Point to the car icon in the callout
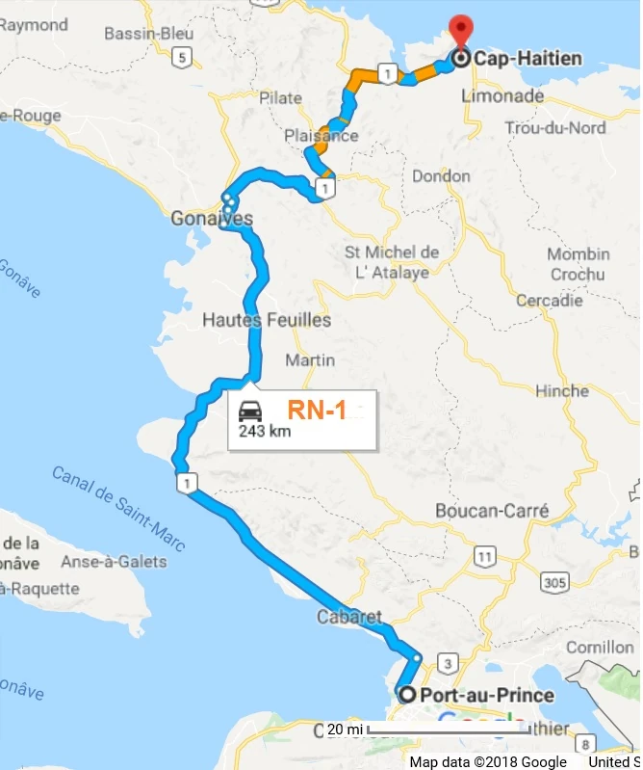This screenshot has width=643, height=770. coord(250,409)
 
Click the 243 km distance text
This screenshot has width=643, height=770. coord(265,431)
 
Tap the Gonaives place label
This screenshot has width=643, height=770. coord(212,220)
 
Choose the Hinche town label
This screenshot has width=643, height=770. coord(563,391)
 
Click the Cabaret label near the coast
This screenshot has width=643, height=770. coord(348,617)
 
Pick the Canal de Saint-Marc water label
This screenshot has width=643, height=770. coord(118,509)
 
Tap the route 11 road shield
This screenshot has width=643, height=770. coord(485,556)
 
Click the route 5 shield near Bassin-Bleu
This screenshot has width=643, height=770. coord(183,57)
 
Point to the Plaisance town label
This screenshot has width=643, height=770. coord(321,136)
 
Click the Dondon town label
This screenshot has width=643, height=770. coord(441,176)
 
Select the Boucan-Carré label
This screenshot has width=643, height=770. coord(492,511)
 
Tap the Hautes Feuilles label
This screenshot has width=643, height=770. coord(268,320)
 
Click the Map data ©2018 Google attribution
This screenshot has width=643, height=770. coord(488,761)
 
